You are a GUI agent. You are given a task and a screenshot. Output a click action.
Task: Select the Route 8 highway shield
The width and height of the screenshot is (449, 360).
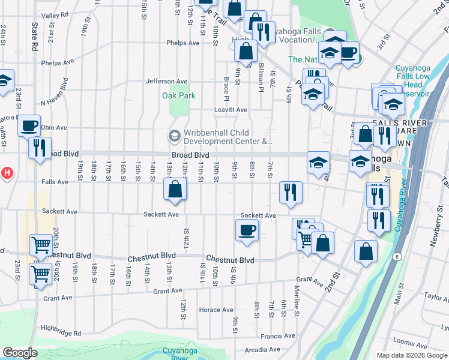pyautogui.click(x=397, y=257)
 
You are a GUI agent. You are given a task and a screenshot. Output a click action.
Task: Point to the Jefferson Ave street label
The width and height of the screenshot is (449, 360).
pyautogui.click(x=167, y=82)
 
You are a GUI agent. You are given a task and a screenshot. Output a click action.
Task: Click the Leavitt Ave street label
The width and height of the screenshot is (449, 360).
pyautogui.click(x=231, y=110)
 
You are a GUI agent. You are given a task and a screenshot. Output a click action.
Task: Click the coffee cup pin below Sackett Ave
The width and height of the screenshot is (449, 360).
pyautogui.click(x=247, y=230)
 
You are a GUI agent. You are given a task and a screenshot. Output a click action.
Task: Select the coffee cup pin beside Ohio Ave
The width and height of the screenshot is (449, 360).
pyautogui.click(x=29, y=126)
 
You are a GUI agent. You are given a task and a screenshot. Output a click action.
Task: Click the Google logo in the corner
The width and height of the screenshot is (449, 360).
pyautogui.click(x=19, y=353)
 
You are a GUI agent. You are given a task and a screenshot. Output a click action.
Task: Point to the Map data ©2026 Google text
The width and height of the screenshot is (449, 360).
pyautogui.click(x=411, y=355)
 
